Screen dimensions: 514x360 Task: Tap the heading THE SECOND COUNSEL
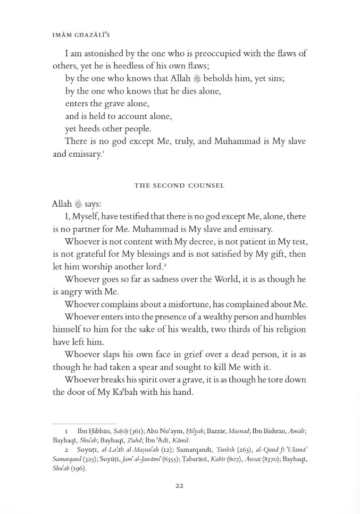click(x=180, y=186)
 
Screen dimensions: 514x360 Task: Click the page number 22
click(x=180, y=485)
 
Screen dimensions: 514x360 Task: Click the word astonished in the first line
click(x=103, y=54)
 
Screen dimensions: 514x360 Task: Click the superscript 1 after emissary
click(x=102, y=153)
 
